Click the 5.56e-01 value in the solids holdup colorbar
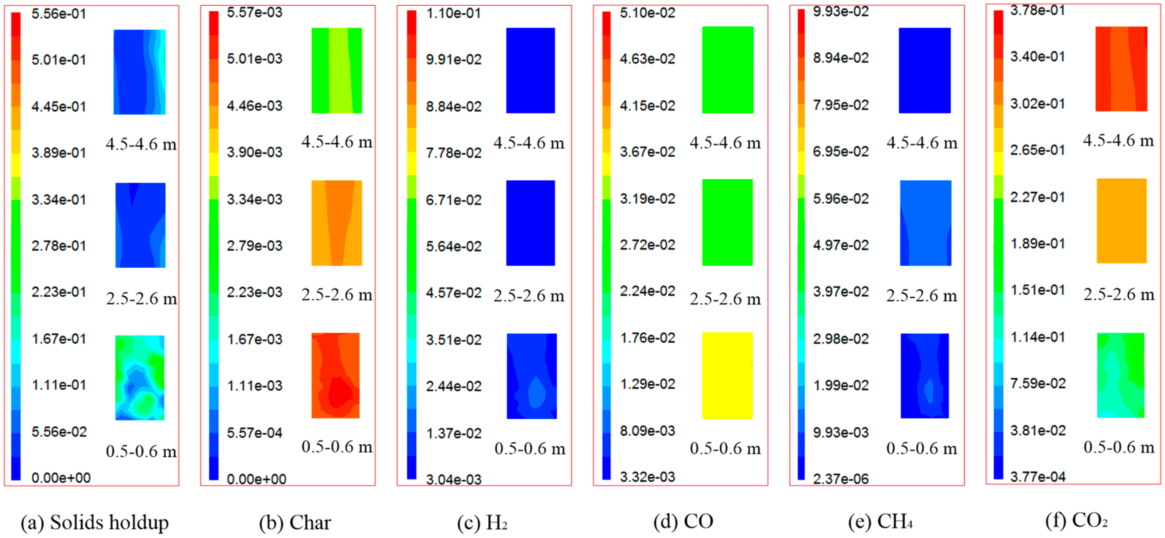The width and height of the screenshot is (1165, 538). (x=58, y=14)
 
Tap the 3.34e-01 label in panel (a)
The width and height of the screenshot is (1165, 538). (x=58, y=200)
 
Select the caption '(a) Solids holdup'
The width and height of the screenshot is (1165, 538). (x=95, y=522)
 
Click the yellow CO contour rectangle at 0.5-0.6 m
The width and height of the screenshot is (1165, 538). (x=727, y=375)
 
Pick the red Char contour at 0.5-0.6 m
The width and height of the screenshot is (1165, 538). (x=336, y=375)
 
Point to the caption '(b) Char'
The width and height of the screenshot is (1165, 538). (x=295, y=523)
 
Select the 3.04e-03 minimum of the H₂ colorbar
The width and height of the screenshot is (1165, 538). (x=453, y=479)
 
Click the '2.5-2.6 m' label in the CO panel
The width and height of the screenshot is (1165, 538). (x=725, y=299)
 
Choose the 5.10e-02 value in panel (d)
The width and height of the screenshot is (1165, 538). (x=647, y=13)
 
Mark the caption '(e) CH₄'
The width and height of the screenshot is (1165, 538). (x=880, y=522)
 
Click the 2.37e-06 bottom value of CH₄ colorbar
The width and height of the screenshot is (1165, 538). (x=840, y=479)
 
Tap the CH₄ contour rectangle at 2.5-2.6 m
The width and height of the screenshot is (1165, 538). (x=925, y=223)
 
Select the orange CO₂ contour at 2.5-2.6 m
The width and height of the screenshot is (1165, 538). (x=1122, y=221)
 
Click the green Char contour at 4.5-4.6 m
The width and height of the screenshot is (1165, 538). (x=337, y=70)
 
